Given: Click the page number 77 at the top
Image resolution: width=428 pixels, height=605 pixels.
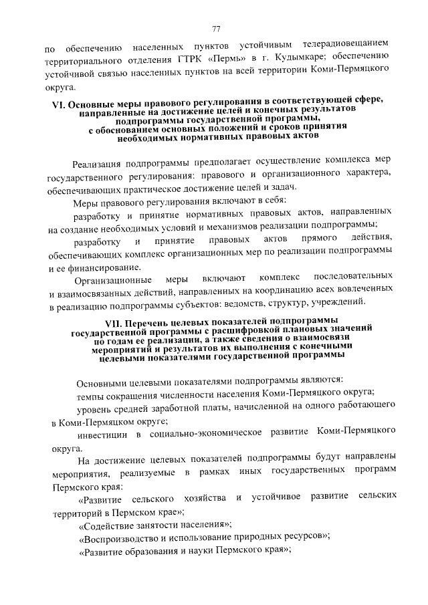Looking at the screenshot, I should (216, 27).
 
